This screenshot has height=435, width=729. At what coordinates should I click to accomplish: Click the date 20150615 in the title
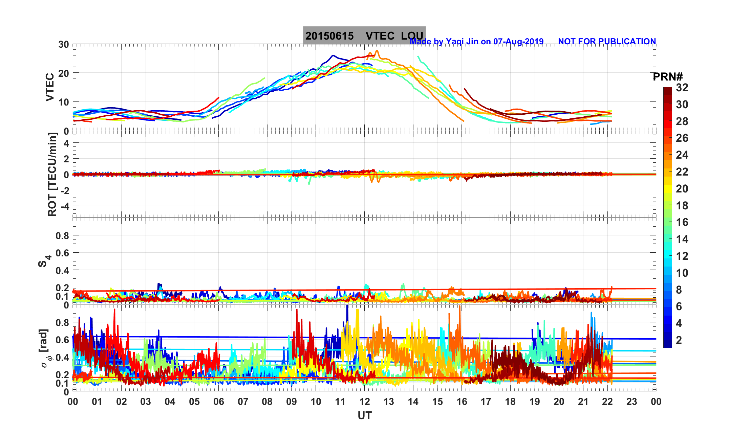[x=329, y=36]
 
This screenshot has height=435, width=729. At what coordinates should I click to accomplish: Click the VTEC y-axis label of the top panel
[x=50, y=87]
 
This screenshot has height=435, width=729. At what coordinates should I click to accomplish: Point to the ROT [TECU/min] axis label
[x=52, y=175]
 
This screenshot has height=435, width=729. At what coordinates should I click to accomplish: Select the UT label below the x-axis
[x=365, y=415]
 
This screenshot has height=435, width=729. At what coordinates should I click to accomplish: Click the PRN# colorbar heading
[x=668, y=77]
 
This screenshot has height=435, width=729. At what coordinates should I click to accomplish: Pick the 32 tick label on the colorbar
[x=682, y=88]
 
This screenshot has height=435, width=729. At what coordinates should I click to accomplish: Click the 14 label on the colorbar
[x=682, y=239]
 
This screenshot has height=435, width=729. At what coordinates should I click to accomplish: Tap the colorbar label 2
[x=679, y=340]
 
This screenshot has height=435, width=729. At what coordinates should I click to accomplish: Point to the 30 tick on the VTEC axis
[x=63, y=45]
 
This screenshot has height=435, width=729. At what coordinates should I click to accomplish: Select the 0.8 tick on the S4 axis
[x=62, y=236]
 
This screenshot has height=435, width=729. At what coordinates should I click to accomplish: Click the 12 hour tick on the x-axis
[x=365, y=402]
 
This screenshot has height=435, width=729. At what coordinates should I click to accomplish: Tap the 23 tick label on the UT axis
[x=632, y=402]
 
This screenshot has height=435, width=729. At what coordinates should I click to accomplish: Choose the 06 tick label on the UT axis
[x=219, y=402]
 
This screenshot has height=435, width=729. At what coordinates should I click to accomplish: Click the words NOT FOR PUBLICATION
[x=607, y=42]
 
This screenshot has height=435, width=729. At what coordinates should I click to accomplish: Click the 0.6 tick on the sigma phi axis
[x=62, y=340]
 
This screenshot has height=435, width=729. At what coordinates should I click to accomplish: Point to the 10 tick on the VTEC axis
[x=63, y=102]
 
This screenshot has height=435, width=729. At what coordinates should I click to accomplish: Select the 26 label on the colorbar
[x=682, y=138]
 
